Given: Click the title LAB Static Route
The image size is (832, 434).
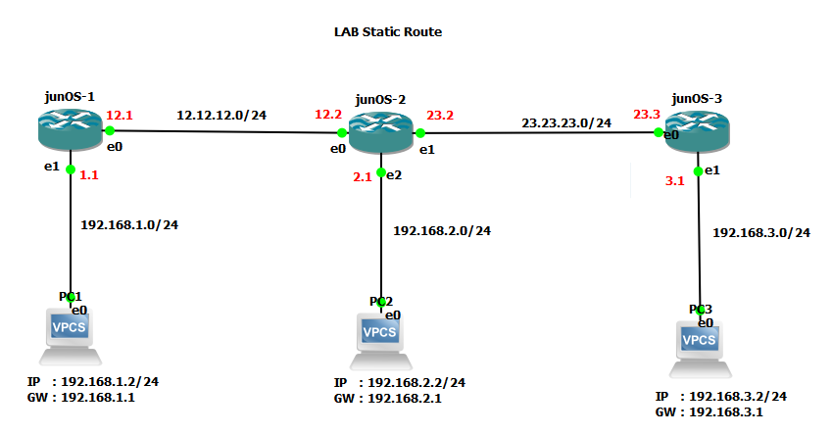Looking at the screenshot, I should pos(388,32).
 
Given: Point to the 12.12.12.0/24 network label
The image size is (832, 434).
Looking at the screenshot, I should pos(221,116).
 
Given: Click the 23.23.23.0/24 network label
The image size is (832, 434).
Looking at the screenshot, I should pos(566,123).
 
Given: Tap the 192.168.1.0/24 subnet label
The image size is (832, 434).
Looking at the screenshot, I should pos(128,224).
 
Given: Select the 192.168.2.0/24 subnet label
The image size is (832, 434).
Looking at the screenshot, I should pos(442,231).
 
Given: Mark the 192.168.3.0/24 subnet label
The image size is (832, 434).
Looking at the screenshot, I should pos(761,233).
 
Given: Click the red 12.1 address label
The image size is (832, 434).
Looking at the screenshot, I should pos(120,115).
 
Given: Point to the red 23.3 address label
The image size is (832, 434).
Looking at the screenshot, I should pos(647,115).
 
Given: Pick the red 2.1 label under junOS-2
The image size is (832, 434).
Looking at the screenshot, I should pos(362,176).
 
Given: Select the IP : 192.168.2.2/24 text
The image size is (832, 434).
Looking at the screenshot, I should pos(399,382).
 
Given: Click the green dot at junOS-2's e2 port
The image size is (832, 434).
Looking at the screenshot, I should pos(381,171).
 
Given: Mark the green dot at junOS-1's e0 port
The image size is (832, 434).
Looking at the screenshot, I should pos(111,130).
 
